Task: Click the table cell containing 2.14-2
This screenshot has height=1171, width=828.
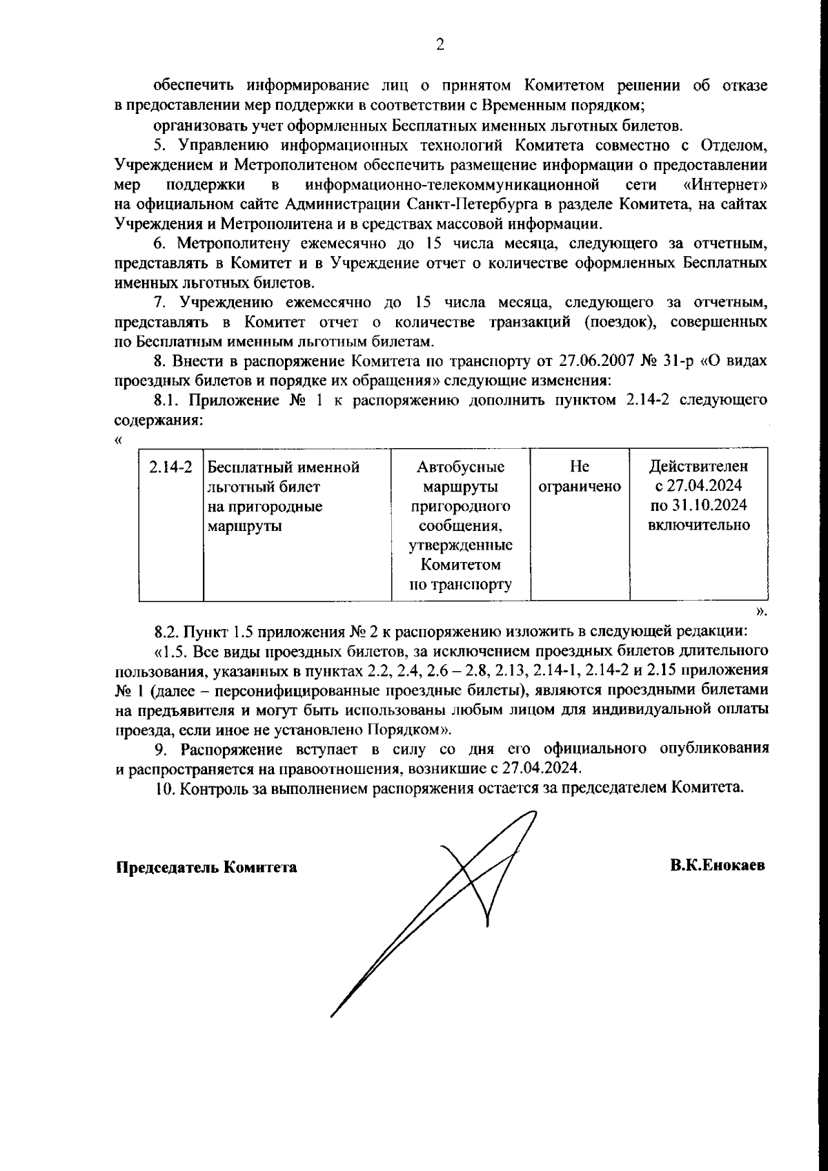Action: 170,467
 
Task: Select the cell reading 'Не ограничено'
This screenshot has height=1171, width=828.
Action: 580,477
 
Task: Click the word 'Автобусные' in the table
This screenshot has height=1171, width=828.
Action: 460,467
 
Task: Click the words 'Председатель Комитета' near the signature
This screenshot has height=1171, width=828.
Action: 206,867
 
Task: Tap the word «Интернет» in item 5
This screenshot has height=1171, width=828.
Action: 724,185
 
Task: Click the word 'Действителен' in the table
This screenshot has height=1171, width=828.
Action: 699,467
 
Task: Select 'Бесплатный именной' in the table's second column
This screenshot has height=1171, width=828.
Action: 284,467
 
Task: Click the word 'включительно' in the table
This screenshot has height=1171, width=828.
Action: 699,525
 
